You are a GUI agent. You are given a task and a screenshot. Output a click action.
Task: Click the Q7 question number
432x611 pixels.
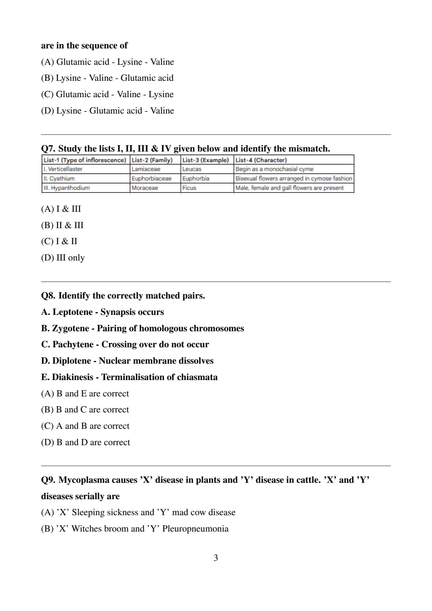click(x=48, y=149)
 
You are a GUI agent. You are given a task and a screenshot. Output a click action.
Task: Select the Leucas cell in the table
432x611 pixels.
click(x=192, y=169)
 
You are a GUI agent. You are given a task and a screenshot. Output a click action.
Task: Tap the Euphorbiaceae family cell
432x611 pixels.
click(x=152, y=178)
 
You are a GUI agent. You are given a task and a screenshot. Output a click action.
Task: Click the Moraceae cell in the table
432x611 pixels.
click(x=145, y=188)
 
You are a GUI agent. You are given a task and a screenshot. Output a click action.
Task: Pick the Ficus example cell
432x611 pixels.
click(x=189, y=188)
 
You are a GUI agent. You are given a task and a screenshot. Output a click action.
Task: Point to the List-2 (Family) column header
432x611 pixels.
click(x=152, y=160)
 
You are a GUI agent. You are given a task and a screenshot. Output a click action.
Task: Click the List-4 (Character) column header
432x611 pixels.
click(x=261, y=160)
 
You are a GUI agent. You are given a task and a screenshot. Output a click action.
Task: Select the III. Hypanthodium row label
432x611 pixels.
click(x=67, y=188)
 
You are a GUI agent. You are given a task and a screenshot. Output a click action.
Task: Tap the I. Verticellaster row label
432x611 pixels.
click(x=63, y=169)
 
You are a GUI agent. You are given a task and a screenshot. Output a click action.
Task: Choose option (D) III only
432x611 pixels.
click(x=63, y=258)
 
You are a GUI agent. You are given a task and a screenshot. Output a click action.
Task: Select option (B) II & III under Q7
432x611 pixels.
click(x=62, y=225)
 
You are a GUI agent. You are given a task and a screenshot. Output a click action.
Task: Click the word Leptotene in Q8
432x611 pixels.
click(x=72, y=312)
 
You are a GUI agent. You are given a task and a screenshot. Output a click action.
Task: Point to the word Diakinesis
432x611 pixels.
click(x=73, y=377)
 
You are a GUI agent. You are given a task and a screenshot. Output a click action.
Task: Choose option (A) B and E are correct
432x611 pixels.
click(x=85, y=394)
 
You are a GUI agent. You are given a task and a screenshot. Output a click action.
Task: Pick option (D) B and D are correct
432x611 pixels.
click(x=85, y=442)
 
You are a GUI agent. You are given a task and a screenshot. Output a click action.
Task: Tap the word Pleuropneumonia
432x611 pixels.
click(x=195, y=529)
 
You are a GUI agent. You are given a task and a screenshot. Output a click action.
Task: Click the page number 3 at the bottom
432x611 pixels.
click(x=216, y=558)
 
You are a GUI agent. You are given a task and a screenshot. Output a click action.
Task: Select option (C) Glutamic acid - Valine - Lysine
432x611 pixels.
click(x=107, y=94)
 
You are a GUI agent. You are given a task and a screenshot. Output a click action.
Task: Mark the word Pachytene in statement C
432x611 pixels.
click(x=73, y=345)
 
